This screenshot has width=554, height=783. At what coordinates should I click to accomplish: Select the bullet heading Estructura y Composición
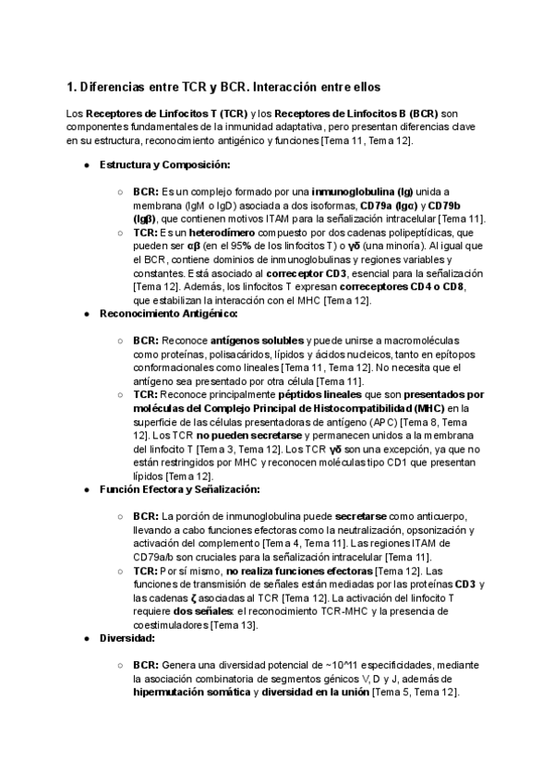(152, 164)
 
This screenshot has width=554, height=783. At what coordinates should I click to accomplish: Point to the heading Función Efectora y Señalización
(180, 488)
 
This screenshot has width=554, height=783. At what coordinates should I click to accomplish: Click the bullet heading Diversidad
(127, 637)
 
